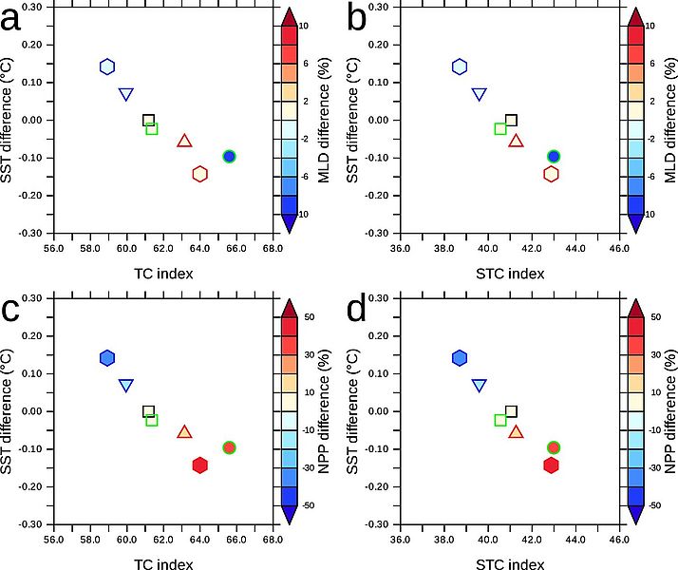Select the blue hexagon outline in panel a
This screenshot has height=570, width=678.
coord(107,66)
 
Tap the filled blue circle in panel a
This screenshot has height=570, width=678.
coord(229,156)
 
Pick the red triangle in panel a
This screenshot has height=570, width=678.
coord(184,142)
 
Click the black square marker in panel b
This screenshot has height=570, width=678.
coord(512,120)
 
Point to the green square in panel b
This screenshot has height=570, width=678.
coord(500,128)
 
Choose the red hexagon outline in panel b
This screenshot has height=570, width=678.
coord(551,174)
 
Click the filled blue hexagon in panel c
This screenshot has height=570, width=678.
coord(107,357)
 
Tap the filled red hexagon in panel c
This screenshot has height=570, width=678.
coord(199,465)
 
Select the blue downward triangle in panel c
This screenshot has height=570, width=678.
coord(125,385)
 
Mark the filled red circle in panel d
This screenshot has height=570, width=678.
coord(554,447)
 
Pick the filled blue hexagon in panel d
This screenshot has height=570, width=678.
coord(460,357)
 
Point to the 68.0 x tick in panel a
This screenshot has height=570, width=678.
coord(273,250)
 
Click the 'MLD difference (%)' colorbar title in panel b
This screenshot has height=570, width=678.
coord(669,120)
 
